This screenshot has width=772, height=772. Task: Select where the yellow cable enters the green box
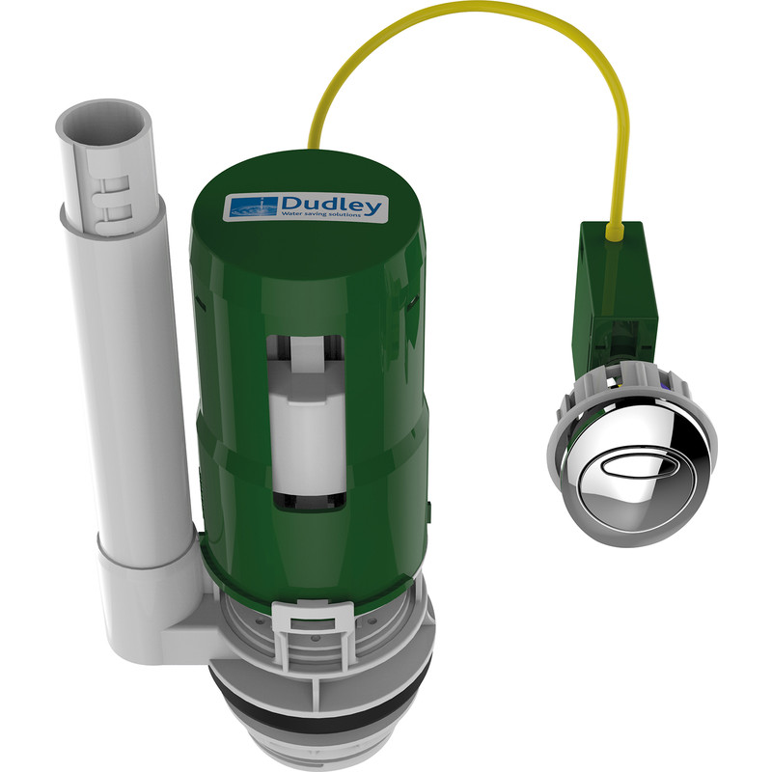[x=613, y=230]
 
